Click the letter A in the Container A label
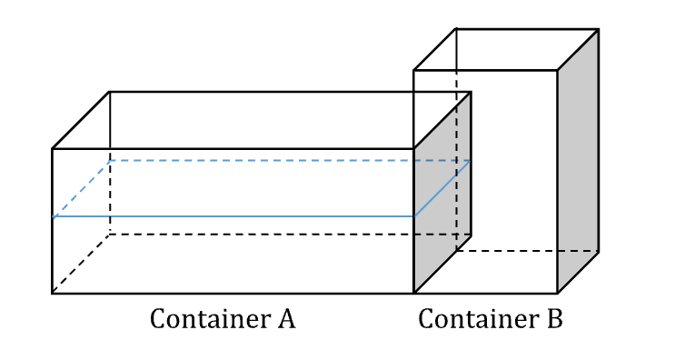coord(286,320)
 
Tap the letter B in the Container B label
coord(554,320)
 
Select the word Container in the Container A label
coord(208,320)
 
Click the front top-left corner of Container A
coord(53,148)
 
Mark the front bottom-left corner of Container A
coord(53,293)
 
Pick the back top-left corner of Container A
coord(110,92)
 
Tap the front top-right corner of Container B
coord(557,70)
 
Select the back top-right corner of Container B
coord(598,29)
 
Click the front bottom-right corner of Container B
coord(557,293)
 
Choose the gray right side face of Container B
coord(578,164)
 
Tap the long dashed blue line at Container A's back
coord(273,161)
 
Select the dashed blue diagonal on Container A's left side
coord(82,189)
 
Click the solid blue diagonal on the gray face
coord(442,189)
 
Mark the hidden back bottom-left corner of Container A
coord(110,235)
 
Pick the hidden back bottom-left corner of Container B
coord(456,251)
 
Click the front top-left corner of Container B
coord(414,70)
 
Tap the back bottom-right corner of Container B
coord(598,251)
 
